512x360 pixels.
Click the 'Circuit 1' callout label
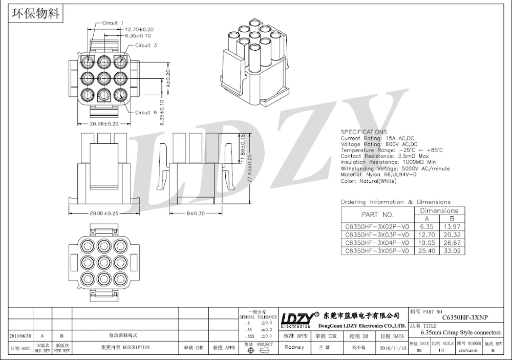pyautogui.click(x=110, y=23)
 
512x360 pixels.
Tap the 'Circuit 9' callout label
pyautogui.click(x=143, y=112)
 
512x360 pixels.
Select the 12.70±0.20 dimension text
pyautogui.click(x=139, y=29)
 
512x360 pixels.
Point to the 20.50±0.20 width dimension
pyautogui.click(x=104, y=123)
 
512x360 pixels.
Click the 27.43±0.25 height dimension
pyautogui.click(x=250, y=170)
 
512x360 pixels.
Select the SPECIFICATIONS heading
pyautogui.click(x=364, y=132)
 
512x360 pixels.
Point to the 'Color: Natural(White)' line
pyautogui.click(x=368, y=180)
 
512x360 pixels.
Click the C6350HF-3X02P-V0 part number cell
pyautogui.click(x=377, y=226)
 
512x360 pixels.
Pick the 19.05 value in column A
pyautogui.click(x=426, y=243)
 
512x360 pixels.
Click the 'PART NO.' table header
pyautogui.click(x=377, y=215)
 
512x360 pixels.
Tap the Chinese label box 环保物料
pyautogui.click(x=35, y=13)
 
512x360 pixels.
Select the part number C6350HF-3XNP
pyautogui.click(x=464, y=317)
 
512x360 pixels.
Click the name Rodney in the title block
pyautogui.click(x=294, y=347)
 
